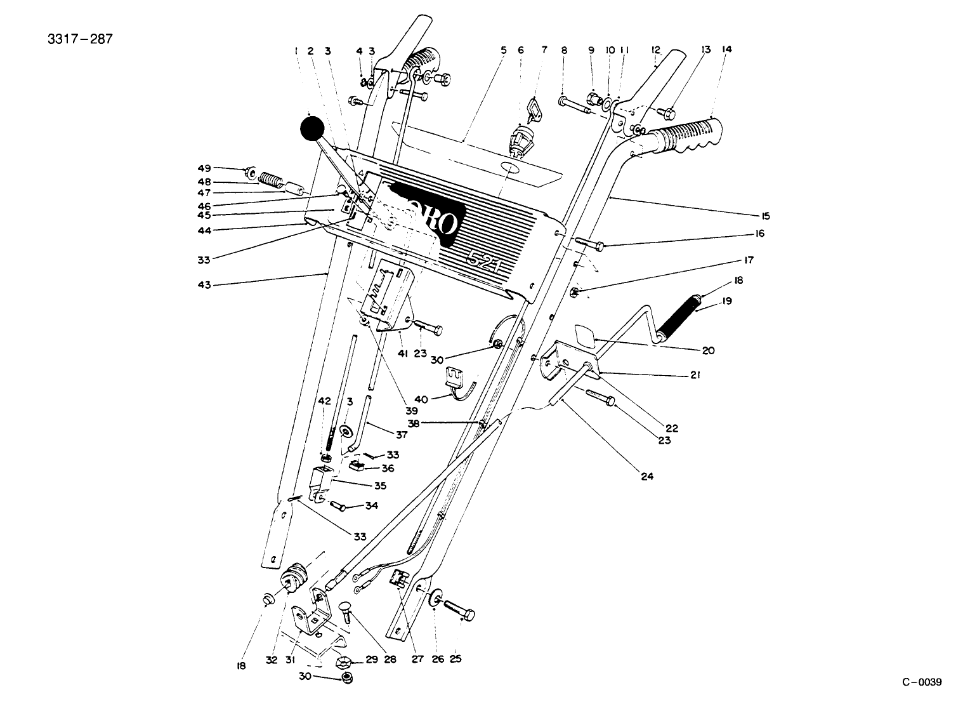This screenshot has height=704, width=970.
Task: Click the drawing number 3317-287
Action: pyautogui.click(x=80, y=39)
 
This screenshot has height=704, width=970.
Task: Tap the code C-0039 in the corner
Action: pyautogui.click(x=922, y=682)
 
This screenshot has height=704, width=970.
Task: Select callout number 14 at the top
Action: pyautogui.click(x=726, y=50)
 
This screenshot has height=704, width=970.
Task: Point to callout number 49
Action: pyautogui.click(x=203, y=168)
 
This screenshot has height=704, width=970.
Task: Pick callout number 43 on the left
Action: pyautogui.click(x=204, y=285)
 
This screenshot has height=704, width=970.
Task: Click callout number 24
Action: pyautogui.click(x=646, y=475)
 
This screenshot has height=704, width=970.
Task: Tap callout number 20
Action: pyautogui.click(x=708, y=350)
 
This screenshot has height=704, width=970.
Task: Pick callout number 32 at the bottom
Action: pyautogui.click(x=272, y=660)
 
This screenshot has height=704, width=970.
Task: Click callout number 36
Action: pyautogui.click(x=388, y=468)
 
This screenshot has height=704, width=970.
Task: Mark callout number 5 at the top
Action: pyautogui.click(x=503, y=50)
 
